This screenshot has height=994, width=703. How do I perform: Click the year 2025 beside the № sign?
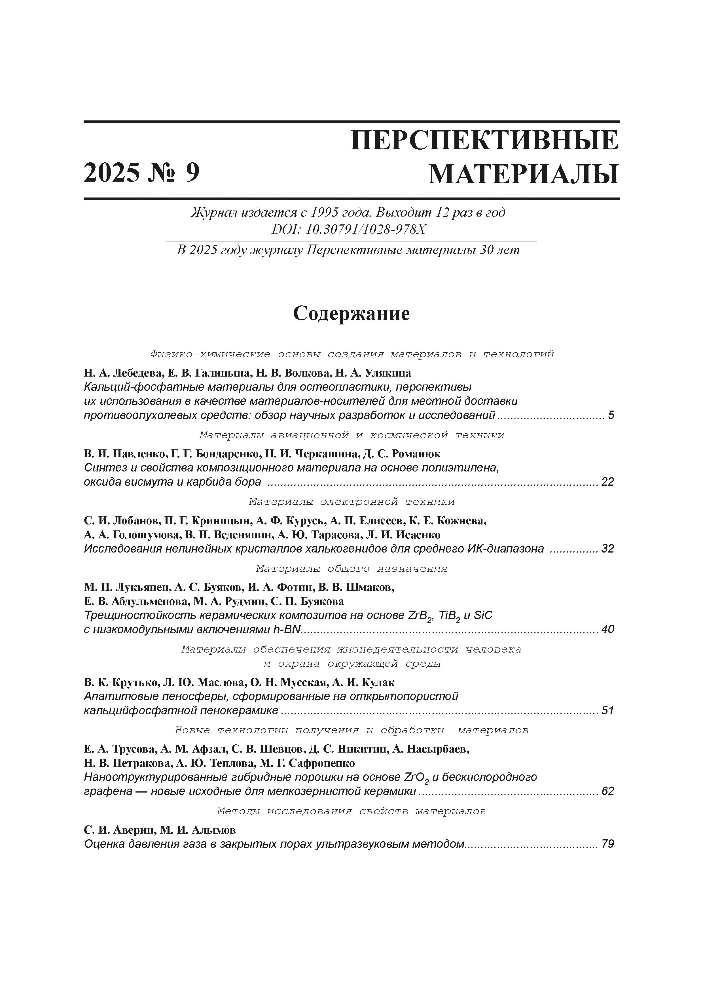tap(112, 173)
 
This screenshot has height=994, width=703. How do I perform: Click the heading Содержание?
tap(351, 313)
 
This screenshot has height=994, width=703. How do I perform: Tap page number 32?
tap(608, 549)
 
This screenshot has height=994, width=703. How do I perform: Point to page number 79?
tap(608, 844)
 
